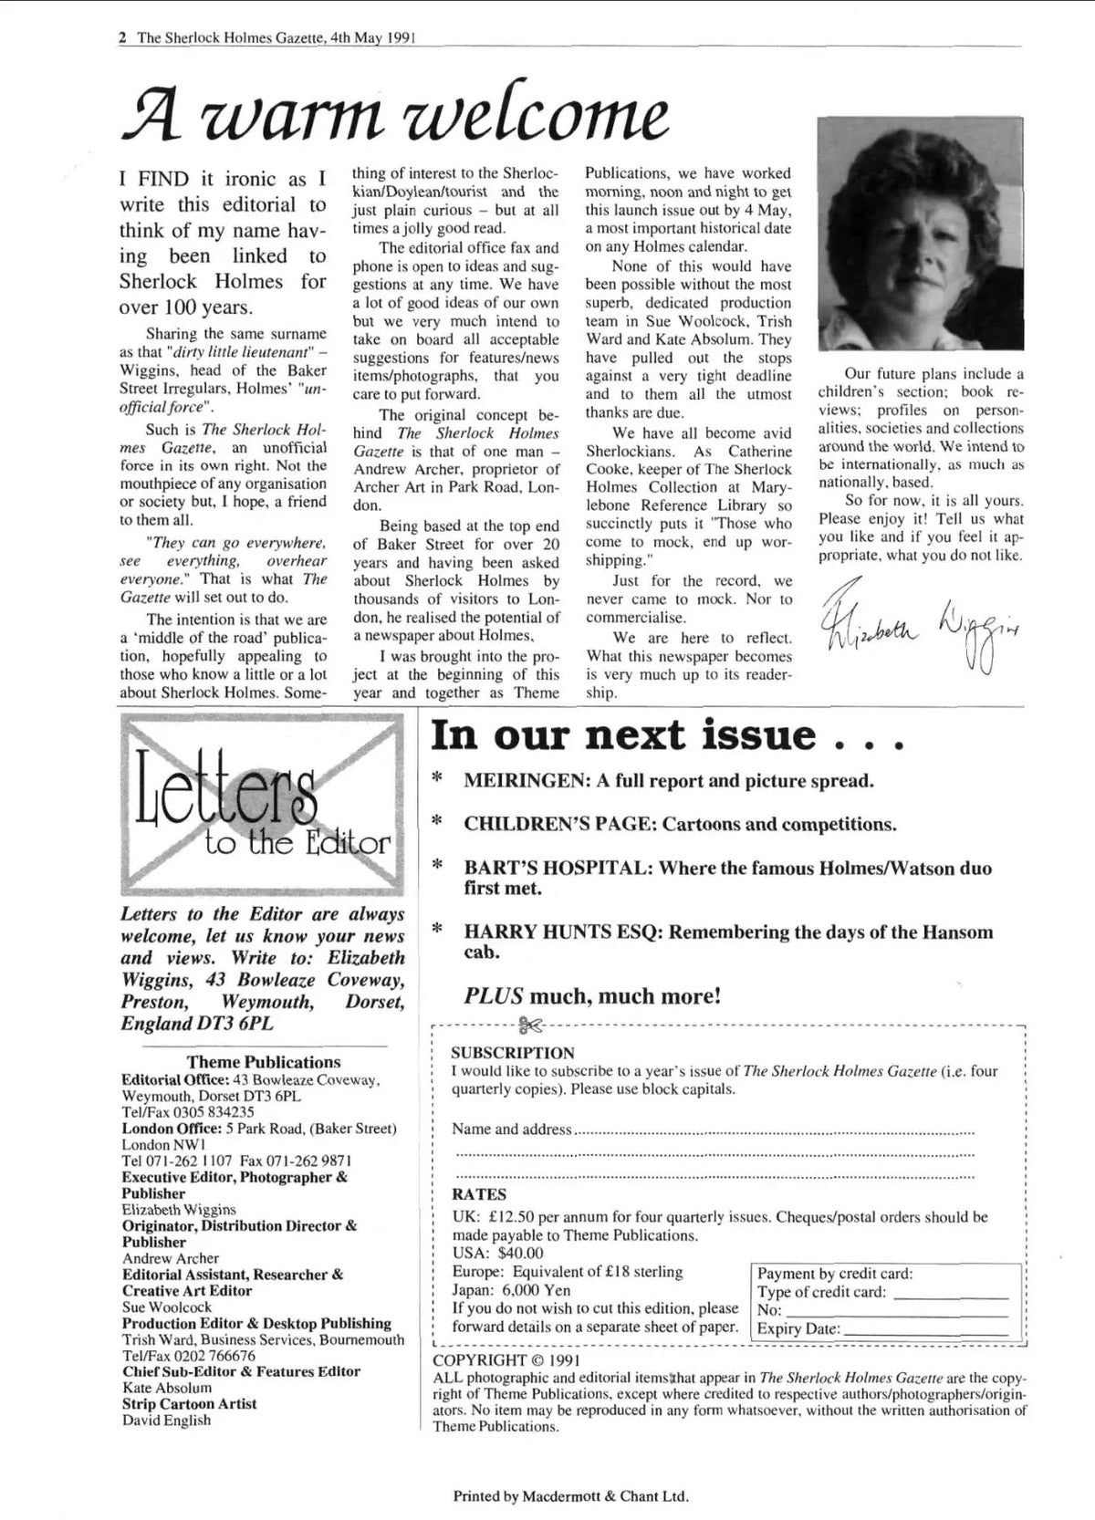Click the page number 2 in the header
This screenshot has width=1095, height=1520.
(x=122, y=38)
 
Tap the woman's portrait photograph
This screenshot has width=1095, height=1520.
(x=922, y=234)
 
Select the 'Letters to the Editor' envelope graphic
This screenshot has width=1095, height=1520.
(x=262, y=805)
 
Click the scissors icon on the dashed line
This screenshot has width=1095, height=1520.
(x=528, y=1025)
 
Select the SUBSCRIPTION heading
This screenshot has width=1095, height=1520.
(x=513, y=1053)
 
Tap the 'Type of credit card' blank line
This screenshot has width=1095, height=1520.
(x=951, y=1293)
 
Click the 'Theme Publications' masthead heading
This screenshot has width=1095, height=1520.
(x=264, y=1062)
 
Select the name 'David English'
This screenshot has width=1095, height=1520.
(x=167, y=1421)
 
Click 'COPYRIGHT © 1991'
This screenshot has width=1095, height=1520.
(x=506, y=1360)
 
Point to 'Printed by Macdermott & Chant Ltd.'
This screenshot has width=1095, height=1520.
(x=570, y=1496)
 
